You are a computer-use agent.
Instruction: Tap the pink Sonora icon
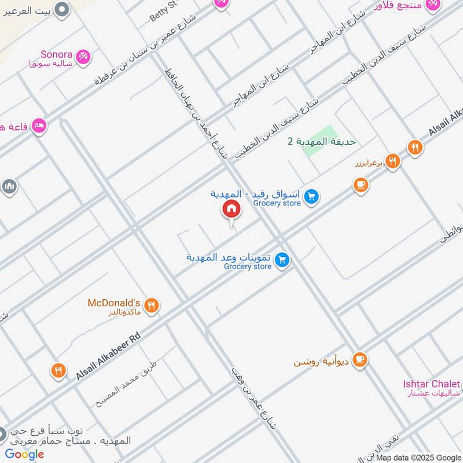[83, 56]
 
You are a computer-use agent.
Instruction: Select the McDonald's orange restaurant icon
[152, 306]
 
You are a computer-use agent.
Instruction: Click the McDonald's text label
[114, 303]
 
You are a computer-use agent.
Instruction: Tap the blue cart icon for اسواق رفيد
[312, 197]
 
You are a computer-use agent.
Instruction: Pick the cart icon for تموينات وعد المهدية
[282, 260]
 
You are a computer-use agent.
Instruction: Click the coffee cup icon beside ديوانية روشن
[360, 359]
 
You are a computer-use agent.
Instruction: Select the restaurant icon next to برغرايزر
[392, 161]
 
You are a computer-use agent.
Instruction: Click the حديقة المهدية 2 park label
[322, 142]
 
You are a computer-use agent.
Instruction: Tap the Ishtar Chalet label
[432, 384]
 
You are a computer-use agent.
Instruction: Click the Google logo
[24, 454]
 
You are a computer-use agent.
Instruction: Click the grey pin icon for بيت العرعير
[63, 9]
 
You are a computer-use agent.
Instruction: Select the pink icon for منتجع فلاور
[432, 5]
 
